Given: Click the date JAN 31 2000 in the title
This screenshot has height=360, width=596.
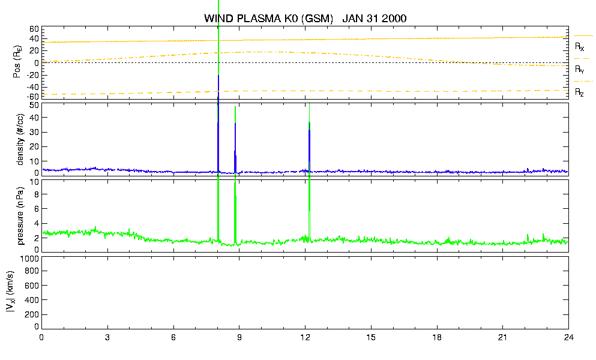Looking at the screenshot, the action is [375, 18].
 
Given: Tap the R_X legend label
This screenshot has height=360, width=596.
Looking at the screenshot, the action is [579, 47].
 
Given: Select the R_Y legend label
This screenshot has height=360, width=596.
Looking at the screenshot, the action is [579, 70].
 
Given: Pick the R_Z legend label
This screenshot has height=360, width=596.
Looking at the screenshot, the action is [579, 92].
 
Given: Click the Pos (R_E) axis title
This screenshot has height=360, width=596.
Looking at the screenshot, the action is [17, 62].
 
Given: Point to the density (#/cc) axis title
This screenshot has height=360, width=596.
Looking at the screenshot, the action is [20, 139].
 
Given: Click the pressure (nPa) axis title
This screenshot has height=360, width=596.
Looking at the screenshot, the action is [20, 216].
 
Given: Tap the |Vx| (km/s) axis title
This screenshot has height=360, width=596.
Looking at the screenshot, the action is [11, 292].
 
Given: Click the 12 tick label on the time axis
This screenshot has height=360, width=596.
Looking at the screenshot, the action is [305, 337].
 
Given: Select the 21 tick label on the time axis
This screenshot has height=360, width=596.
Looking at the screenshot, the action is [502, 337].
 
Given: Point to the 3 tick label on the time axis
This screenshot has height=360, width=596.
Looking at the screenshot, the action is [107, 337].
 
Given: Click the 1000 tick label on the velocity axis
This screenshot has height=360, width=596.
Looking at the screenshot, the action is [29, 259].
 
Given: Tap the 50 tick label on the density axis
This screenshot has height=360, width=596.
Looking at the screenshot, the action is [34, 106].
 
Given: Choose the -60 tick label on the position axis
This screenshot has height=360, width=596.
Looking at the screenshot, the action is [32, 97].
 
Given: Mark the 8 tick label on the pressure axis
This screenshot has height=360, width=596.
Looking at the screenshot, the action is [37, 194].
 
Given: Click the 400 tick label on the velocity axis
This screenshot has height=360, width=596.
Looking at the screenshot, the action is [32, 300].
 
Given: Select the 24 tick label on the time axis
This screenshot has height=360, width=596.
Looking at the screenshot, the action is [568, 337].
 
